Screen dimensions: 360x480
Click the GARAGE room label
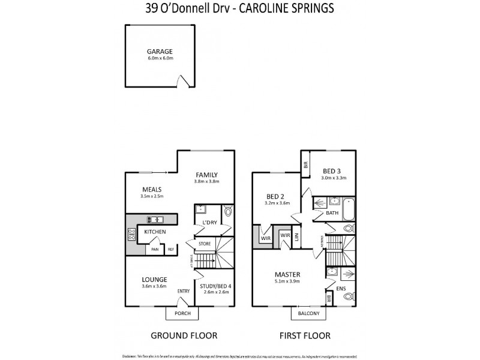click(x=160, y=52)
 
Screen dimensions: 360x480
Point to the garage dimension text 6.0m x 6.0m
click(x=160, y=59)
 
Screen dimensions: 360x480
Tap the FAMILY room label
click(x=206, y=175)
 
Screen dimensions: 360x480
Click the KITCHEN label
click(x=154, y=232)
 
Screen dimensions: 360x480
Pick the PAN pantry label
click(x=154, y=250)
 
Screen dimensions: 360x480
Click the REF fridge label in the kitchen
click(x=170, y=250)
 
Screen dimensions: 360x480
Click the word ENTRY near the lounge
click(x=184, y=292)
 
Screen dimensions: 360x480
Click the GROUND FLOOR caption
click(x=184, y=335)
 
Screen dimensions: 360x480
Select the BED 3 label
click(x=331, y=170)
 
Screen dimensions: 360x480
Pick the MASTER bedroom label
click(x=288, y=275)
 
